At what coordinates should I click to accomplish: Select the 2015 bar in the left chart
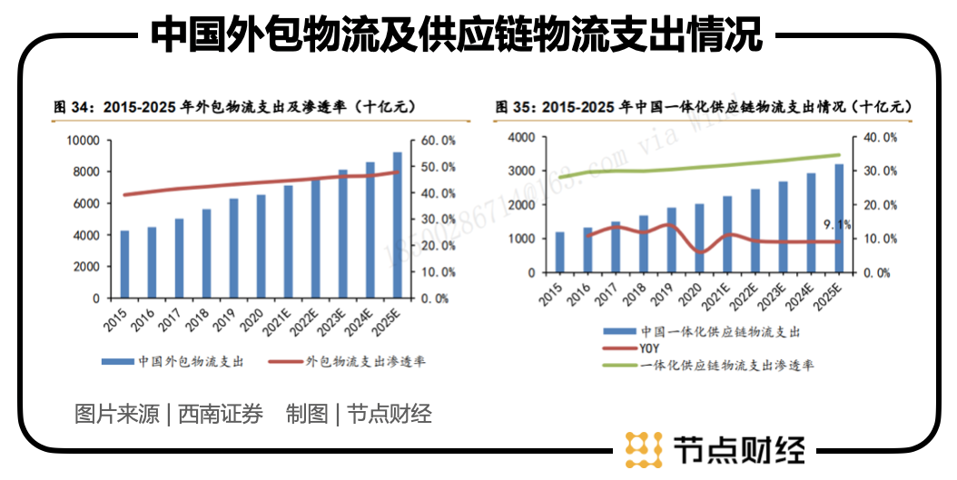pyautogui.click(x=124, y=264)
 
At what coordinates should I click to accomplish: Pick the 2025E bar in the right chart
pyautogui.click(x=838, y=218)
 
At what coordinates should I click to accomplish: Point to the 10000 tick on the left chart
pyautogui.click(x=83, y=141)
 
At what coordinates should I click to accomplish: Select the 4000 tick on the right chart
pyautogui.click(x=524, y=137)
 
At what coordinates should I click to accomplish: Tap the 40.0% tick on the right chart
pyautogui.click(x=878, y=137)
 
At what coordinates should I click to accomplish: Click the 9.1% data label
pyautogui.click(x=836, y=224)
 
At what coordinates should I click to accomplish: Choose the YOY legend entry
pyautogui.click(x=649, y=348)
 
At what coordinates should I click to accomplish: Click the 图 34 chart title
pyautogui.click(x=235, y=107)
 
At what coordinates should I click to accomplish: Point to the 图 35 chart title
pyautogui.click(x=704, y=107)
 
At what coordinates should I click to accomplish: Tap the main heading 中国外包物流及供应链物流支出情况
pyautogui.click(x=456, y=35)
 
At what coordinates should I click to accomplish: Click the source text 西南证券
pyautogui.click(x=221, y=415)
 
